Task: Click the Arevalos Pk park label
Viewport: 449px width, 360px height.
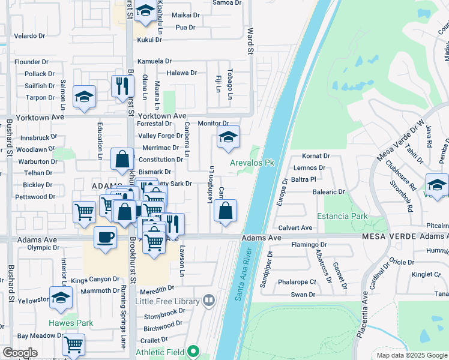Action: point(252,163)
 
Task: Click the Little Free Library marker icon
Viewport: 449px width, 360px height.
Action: point(209,299)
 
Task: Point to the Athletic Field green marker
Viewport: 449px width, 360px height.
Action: point(193,352)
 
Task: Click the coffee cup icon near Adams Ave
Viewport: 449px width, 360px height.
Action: point(105,236)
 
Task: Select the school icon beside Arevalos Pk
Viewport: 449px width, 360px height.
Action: point(228,138)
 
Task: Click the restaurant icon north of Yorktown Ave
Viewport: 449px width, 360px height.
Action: point(123,85)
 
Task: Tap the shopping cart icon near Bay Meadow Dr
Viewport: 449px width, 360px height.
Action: point(73,345)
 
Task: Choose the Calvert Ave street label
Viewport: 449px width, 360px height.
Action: point(295,228)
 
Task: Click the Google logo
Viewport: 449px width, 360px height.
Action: point(20,353)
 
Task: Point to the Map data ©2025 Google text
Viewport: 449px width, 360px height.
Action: point(411,355)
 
